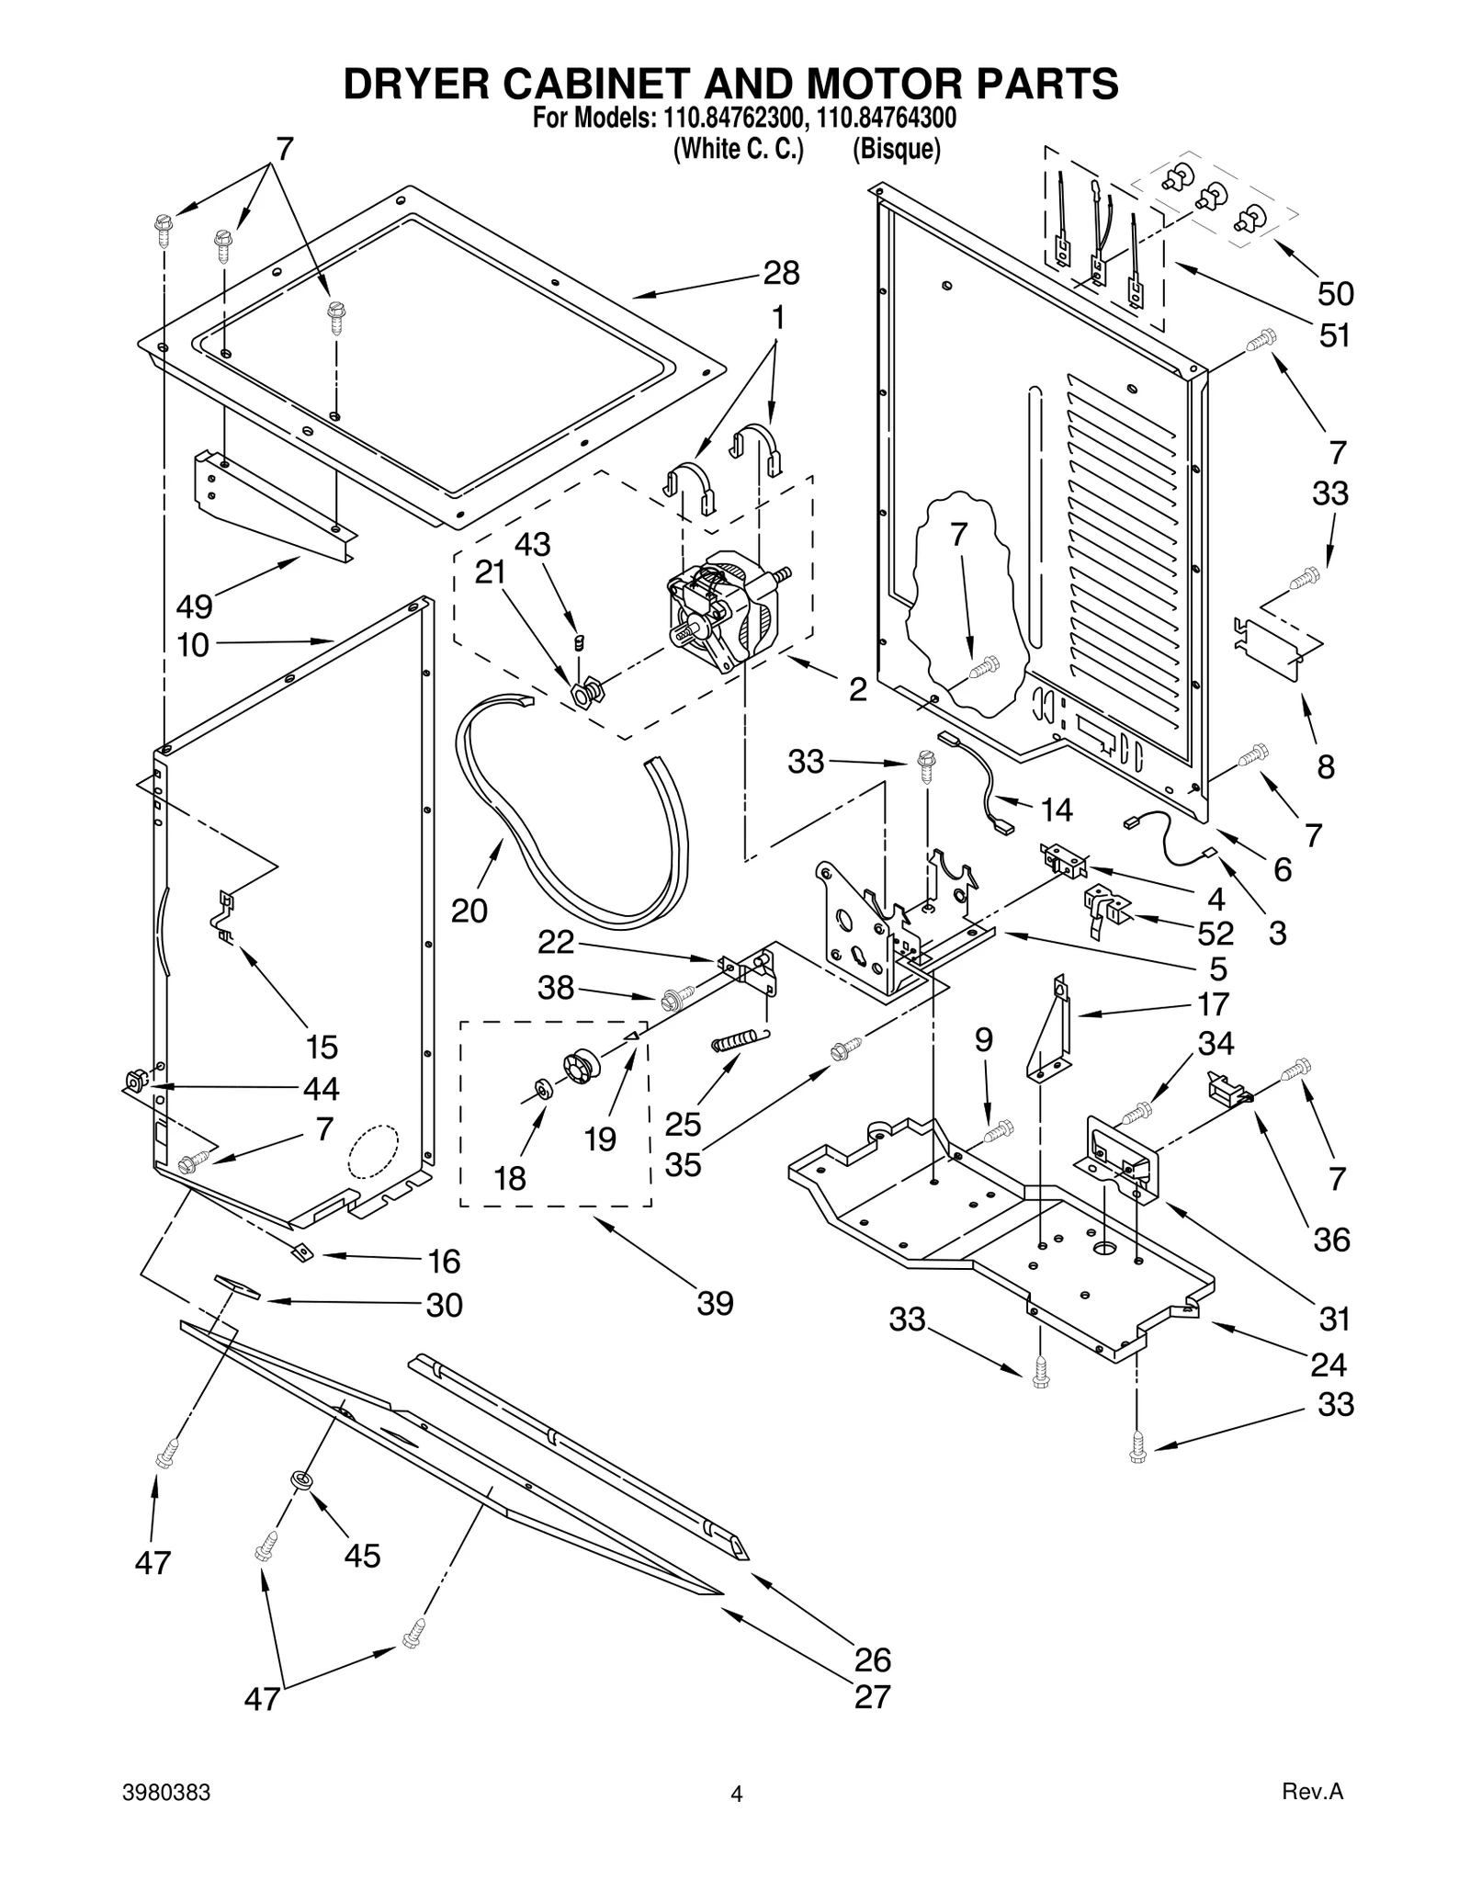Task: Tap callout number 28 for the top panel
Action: tap(781, 273)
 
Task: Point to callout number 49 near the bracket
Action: tap(194, 606)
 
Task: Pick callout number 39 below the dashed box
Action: tap(715, 1303)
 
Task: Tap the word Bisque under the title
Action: tap(896, 149)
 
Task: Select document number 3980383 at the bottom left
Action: tap(166, 1793)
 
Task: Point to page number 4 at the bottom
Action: tap(735, 1794)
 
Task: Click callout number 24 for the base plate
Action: tap(1329, 1365)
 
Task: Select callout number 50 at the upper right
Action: tap(1336, 294)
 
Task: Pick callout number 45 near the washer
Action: tap(362, 1556)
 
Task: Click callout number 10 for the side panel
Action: tap(193, 645)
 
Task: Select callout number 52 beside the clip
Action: tap(1216, 934)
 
